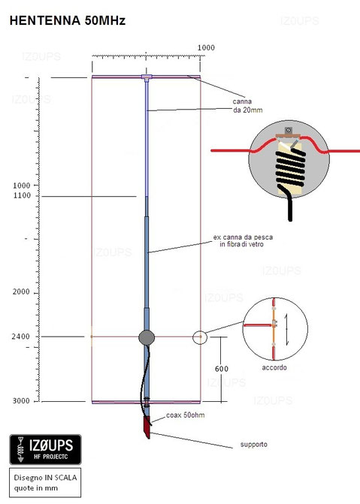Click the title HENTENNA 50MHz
click(x=67, y=22)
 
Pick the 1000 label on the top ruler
click(x=206, y=48)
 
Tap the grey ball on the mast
click(x=147, y=337)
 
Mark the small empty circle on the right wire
click(x=200, y=337)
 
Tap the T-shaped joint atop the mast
click(x=147, y=77)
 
